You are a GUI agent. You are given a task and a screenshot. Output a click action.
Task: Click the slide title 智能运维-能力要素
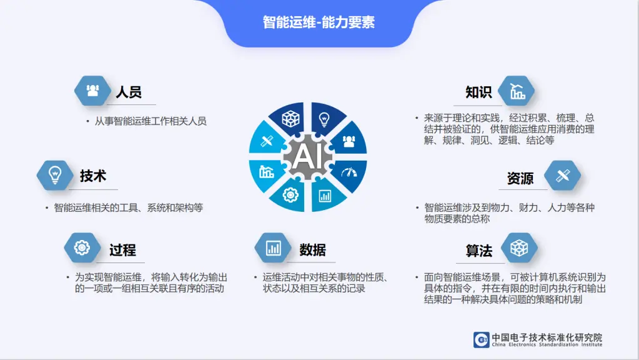tap(319, 22)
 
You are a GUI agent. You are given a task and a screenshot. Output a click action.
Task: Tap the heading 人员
tap(129, 92)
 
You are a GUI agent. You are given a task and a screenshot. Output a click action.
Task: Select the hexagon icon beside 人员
tap(92, 91)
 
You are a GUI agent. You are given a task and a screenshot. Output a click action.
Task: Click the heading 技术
tap(93, 176)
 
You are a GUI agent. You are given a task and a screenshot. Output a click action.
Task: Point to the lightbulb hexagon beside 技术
tap(55, 175)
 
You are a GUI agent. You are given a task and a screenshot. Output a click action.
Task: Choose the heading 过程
tap(122, 250)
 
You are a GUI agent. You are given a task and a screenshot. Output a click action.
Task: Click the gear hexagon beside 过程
tap(82, 247)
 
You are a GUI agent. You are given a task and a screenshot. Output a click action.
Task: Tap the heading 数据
tap(312, 250)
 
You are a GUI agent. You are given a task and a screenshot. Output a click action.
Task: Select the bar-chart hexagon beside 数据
tap(273, 247)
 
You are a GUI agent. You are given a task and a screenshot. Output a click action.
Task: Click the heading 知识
tap(479, 92)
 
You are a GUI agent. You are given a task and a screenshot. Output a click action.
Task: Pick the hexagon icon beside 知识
tap(517, 91)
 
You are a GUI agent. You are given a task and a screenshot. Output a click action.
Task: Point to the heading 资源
tap(520, 179)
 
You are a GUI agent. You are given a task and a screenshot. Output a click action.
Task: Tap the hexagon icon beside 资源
tap(562, 176)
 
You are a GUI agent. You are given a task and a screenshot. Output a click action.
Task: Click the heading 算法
tap(479, 251)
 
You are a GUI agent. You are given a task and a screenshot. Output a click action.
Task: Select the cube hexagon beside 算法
tap(519, 247)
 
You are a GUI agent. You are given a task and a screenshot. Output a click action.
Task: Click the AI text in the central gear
tap(308, 156)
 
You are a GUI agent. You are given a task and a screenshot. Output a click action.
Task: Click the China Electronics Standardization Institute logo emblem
tap(482, 339)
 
